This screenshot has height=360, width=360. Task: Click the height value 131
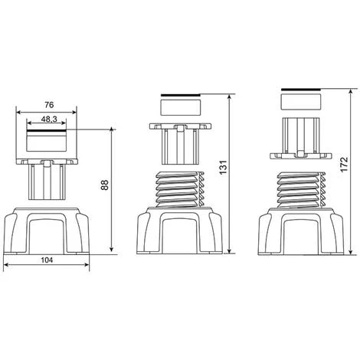coord(223,176)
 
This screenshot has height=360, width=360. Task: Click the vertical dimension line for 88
coord(113,191)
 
